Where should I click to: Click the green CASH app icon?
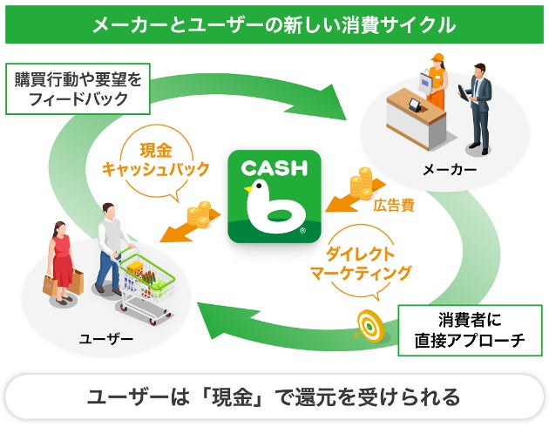(274, 198)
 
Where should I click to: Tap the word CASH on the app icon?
(274, 166)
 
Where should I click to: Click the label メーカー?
(449, 170)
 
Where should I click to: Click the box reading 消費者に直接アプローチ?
(470, 330)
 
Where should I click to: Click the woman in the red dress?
(63, 259)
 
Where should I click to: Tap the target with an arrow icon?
(366, 324)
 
